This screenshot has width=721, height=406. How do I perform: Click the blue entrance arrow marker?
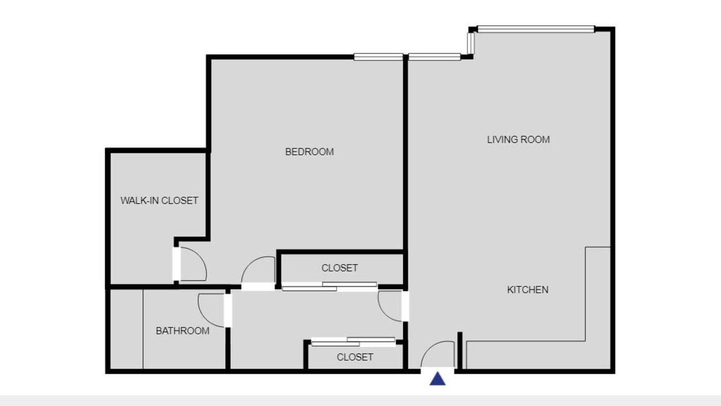(x=438, y=379)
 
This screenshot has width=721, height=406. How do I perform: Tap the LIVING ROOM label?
(x=518, y=139)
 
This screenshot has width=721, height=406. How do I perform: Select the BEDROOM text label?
(x=309, y=152)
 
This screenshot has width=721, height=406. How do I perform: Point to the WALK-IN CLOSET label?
(x=159, y=200)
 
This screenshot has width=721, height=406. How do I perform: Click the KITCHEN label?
(x=528, y=290)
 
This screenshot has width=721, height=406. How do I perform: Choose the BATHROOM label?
(x=183, y=330)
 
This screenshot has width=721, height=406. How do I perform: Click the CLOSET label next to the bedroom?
(x=340, y=268)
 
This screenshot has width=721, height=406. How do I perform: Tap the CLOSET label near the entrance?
(x=355, y=357)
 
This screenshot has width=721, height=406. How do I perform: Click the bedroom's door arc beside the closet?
(x=251, y=265)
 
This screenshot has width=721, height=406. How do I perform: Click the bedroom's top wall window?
(x=378, y=57)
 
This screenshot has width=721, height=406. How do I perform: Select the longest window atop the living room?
(x=536, y=29)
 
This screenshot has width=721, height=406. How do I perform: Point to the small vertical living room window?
(x=470, y=43)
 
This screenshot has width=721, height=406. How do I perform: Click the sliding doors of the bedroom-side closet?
(x=330, y=286)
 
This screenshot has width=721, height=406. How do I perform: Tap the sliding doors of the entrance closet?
(x=353, y=342)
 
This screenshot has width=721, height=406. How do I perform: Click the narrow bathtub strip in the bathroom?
(x=127, y=329)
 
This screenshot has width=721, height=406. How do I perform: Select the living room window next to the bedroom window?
(x=434, y=57)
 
